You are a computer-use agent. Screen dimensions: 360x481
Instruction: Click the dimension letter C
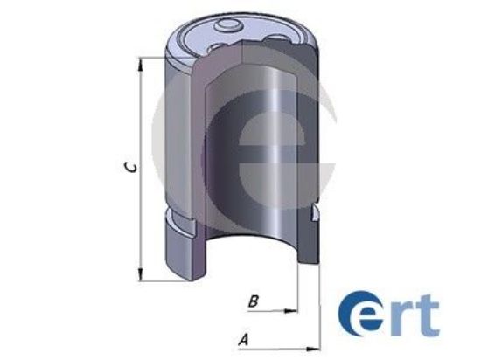pos(129,169)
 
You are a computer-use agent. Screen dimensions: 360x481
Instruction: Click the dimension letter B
pos(253,301)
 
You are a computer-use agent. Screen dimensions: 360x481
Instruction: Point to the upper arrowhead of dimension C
pos(139,62)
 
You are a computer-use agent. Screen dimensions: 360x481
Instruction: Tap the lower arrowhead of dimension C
pos(139,276)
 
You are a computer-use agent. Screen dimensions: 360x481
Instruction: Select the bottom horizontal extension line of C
pos(153,281)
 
